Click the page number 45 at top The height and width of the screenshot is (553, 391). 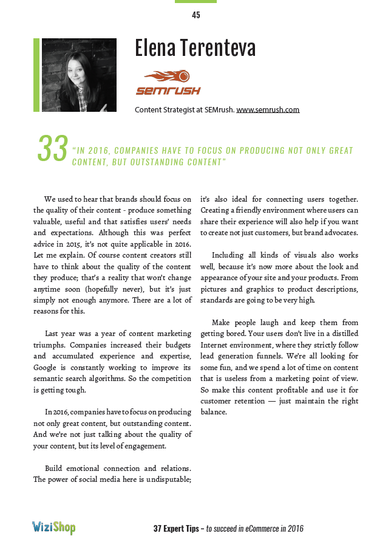click(195, 15)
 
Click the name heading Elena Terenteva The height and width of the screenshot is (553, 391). click(195, 48)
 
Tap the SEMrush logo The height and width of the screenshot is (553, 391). click(168, 83)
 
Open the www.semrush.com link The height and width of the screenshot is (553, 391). click(268, 110)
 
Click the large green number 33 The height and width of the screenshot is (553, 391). click(52, 149)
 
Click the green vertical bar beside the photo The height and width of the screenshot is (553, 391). click(36, 75)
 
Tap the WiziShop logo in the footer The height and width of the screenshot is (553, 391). click(54, 527)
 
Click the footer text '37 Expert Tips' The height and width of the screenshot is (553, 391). click(177, 529)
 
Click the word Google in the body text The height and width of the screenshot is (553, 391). click(46, 368)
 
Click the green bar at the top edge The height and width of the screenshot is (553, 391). click(195, 2)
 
